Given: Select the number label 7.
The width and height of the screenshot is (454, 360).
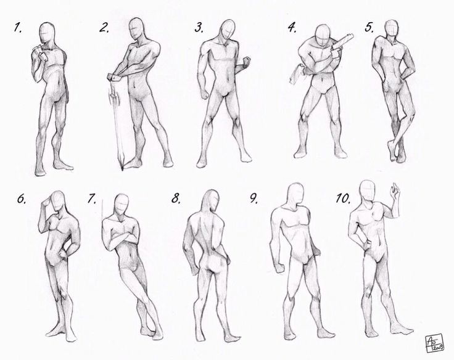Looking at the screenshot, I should point(93,198).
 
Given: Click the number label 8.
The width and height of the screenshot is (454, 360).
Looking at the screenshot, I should point(177,198).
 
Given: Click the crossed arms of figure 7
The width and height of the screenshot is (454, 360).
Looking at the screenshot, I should point(119,239).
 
